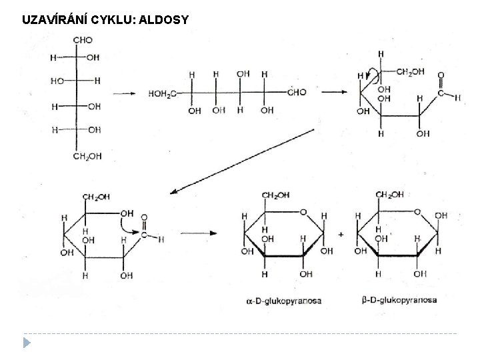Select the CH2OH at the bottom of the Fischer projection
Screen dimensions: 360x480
pos(87,157)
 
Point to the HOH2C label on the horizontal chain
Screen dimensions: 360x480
pos(162,93)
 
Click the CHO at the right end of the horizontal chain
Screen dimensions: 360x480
pos(297,93)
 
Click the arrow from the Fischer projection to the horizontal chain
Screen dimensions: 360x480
pos(123,94)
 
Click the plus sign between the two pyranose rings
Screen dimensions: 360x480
pos(341,235)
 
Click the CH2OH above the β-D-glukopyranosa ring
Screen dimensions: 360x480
pos(389,195)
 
